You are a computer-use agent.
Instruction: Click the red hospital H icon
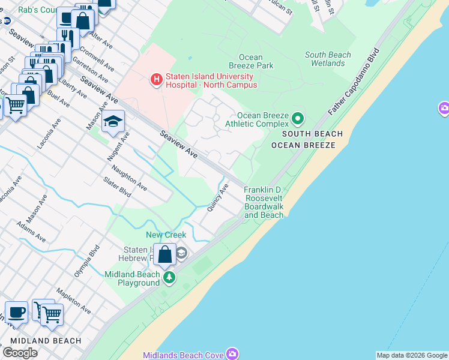coord(156,79)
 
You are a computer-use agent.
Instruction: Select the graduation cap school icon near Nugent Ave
coord(113,122)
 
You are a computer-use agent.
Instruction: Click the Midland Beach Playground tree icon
coord(170,277)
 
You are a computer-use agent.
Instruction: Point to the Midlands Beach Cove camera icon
coord(231,354)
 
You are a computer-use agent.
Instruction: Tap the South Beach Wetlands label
coord(328,59)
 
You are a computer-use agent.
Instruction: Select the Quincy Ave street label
coord(217,197)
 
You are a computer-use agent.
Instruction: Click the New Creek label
coord(166,235)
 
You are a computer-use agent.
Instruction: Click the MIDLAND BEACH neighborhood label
coord(46,341)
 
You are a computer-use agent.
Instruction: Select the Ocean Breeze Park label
coord(251,61)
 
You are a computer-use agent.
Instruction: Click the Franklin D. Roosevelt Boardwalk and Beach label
coord(264,203)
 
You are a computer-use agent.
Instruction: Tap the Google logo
coord(20,353)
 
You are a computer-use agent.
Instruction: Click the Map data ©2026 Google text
coord(411,355)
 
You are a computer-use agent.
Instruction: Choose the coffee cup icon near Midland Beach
coord(16,313)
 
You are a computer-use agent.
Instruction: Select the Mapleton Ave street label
coord(73,301)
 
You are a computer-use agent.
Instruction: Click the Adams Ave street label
coord(31,231)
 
